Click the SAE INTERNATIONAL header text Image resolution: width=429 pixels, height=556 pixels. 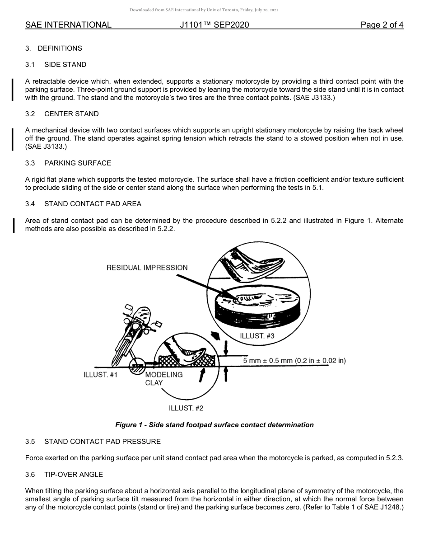click(68, 25)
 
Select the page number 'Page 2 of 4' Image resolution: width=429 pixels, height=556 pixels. click(382, 25)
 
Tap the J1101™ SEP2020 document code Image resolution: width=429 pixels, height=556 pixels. click(214, 25)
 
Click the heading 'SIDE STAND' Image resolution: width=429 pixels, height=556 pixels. click(65, 65)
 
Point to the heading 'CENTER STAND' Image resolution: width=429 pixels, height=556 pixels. click(71, 114)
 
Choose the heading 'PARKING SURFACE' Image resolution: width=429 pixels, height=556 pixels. click(78, 163)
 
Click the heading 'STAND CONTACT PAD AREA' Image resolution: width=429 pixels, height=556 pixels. click(93, 204)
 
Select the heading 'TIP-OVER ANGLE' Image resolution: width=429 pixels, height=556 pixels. click(74, 475)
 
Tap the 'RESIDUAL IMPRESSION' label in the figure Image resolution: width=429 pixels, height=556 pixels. click(147, 268)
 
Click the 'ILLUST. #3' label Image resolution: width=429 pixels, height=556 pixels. click(257, 336)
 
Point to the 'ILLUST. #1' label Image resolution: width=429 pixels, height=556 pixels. click(100, 375)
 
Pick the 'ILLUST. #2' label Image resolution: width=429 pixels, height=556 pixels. click(186, 408)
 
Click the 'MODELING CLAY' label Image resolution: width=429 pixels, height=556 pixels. click(163, 378)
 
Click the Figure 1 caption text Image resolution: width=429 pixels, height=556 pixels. click(214, 425)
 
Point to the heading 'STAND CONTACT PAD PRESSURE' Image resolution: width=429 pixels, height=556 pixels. click(102, 441)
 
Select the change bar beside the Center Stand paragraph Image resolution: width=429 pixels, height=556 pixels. click(13, 138)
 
